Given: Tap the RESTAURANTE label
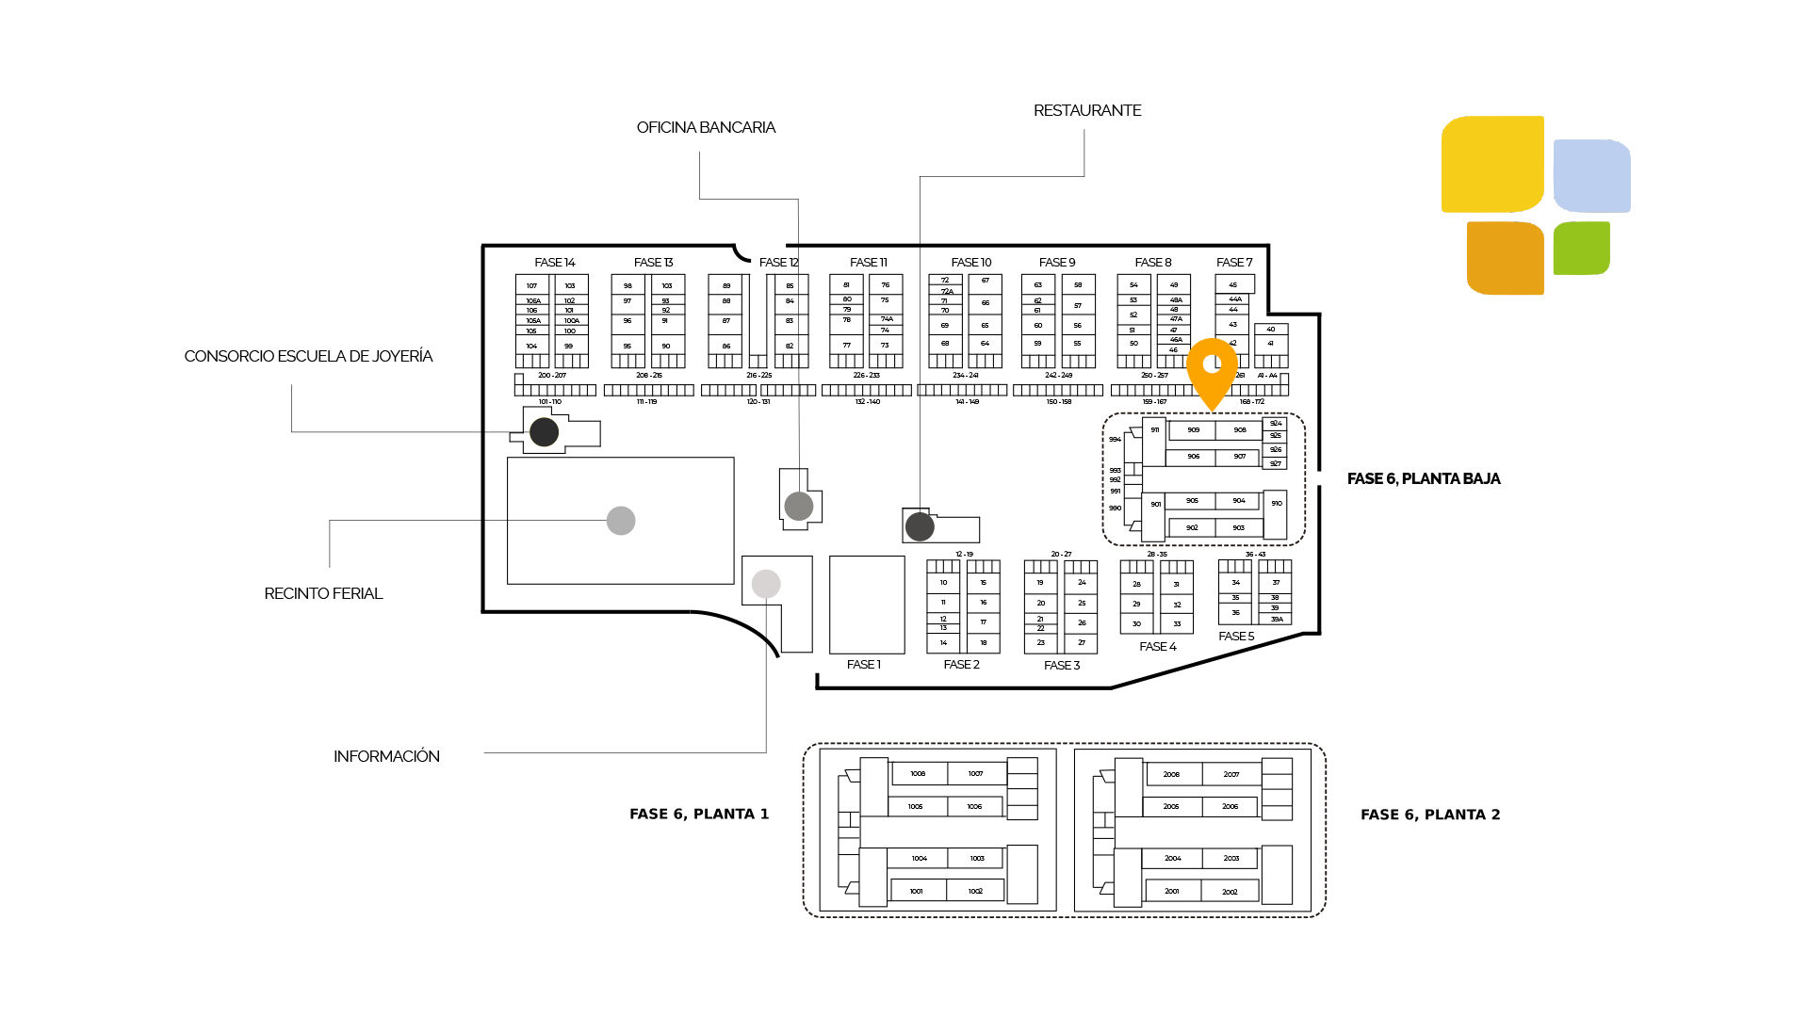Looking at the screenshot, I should [x=1087, y=111].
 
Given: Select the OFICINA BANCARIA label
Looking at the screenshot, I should [x=706, y=128].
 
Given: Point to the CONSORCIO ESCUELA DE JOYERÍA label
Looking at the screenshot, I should [x=308, y=357].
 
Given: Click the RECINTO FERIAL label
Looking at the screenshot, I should [x=323, y=594].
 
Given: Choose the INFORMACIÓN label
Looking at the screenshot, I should [x=386, y=757].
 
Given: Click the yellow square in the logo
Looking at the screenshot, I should [x=1491, y=164].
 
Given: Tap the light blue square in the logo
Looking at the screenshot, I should [x=1591, y=176].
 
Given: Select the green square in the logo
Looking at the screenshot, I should [x=1581, y=249].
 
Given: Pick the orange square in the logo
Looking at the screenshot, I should [x=1505, y=258].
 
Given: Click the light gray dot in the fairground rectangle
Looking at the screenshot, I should [x=621, y=521].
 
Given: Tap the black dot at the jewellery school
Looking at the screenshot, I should [x=544, y=432].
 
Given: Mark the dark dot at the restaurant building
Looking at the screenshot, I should [x=920, y=527].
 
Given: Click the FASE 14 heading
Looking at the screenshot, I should [x=554, y=263].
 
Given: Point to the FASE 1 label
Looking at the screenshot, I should [x=863, y=665].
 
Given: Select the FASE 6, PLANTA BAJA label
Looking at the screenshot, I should [x=1423, y=479].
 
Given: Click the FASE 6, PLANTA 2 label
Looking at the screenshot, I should [x=1429, y=815].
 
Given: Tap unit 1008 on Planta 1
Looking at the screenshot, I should [x=918, y=774].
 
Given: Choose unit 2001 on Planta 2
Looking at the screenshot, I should [x=1171, y=891].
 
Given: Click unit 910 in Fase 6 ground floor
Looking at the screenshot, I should [x=1276, y=504].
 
